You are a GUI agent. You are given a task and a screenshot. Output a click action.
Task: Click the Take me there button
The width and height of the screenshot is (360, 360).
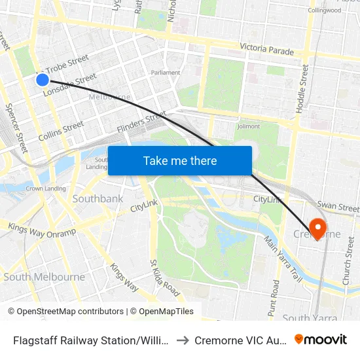coord(180,160)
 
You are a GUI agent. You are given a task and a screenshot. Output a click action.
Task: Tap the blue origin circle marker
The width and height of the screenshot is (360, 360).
coord(42,79)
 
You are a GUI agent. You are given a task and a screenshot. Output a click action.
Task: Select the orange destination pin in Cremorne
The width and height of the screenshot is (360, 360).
coord(317,229)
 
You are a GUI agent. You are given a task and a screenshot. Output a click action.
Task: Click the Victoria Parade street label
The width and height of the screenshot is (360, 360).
coord(266,48)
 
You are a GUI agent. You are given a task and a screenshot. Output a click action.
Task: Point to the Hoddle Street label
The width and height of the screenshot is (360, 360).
coord(302,88)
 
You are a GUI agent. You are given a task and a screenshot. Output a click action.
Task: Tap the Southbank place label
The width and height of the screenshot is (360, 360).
coord(98,198)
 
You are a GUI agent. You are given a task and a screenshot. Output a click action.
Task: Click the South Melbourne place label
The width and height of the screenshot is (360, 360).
coord(44,277)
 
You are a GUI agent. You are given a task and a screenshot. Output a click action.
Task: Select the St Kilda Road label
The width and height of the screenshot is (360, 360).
coord(164,277)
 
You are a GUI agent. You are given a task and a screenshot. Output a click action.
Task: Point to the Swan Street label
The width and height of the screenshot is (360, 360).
coord(338,207)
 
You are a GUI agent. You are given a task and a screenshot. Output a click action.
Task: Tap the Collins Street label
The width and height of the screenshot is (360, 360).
coord(60,131)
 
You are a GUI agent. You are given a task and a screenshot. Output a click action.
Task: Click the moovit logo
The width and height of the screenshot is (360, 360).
coord(321,339)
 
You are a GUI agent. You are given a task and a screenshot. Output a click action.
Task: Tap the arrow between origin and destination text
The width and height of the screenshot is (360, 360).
coord(183,340)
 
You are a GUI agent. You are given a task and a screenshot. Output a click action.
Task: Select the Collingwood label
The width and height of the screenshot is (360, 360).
coord(325,10)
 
